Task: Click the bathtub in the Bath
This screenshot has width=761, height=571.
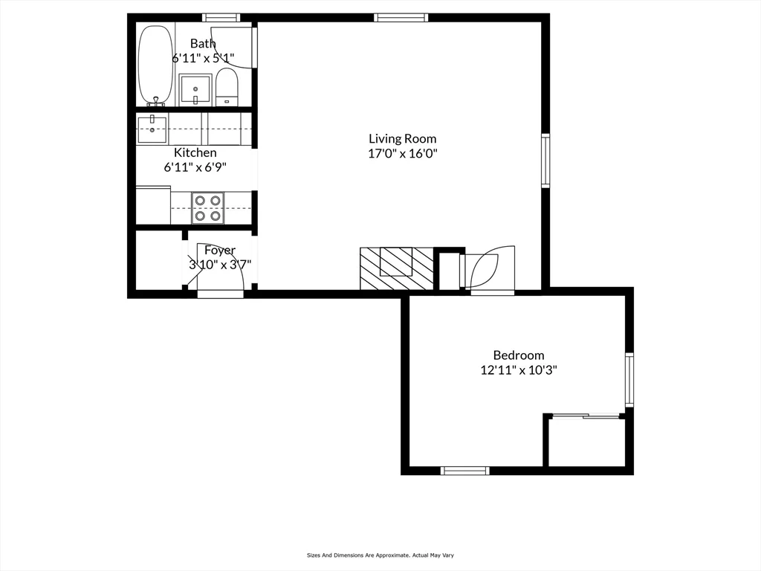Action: [x=155, y=65]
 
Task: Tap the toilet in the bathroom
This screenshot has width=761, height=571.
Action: [x=227, y=87]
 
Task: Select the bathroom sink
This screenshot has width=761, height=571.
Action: [x=195, y=90]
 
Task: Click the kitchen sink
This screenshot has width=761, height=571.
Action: [x=152, y=129]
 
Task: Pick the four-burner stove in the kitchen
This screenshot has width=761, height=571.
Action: [x=208, y=208]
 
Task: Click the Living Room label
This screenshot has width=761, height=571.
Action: [x=402, y=139]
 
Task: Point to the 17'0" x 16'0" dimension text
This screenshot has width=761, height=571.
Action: [x=403, y=154]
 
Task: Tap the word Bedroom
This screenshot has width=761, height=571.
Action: [x=518, y=355]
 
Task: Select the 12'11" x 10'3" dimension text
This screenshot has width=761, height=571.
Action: [x=518, y=370]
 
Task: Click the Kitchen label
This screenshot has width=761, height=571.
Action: [x=195, y=152]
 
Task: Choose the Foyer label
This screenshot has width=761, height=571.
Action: [x=220, y=250]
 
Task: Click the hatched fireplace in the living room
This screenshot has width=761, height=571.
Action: [x=396, y=268]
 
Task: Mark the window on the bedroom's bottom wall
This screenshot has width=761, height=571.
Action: [x=464, y=471]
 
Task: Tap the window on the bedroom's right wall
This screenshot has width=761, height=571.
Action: [x=629, y=380]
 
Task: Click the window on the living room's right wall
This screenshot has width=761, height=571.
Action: [x=545, y=161]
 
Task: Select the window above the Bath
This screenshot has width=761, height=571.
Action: [x=221, y=18]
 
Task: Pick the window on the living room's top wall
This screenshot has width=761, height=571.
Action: [x=401, y=18]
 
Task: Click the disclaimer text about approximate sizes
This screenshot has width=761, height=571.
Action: [x=380, y=555]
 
